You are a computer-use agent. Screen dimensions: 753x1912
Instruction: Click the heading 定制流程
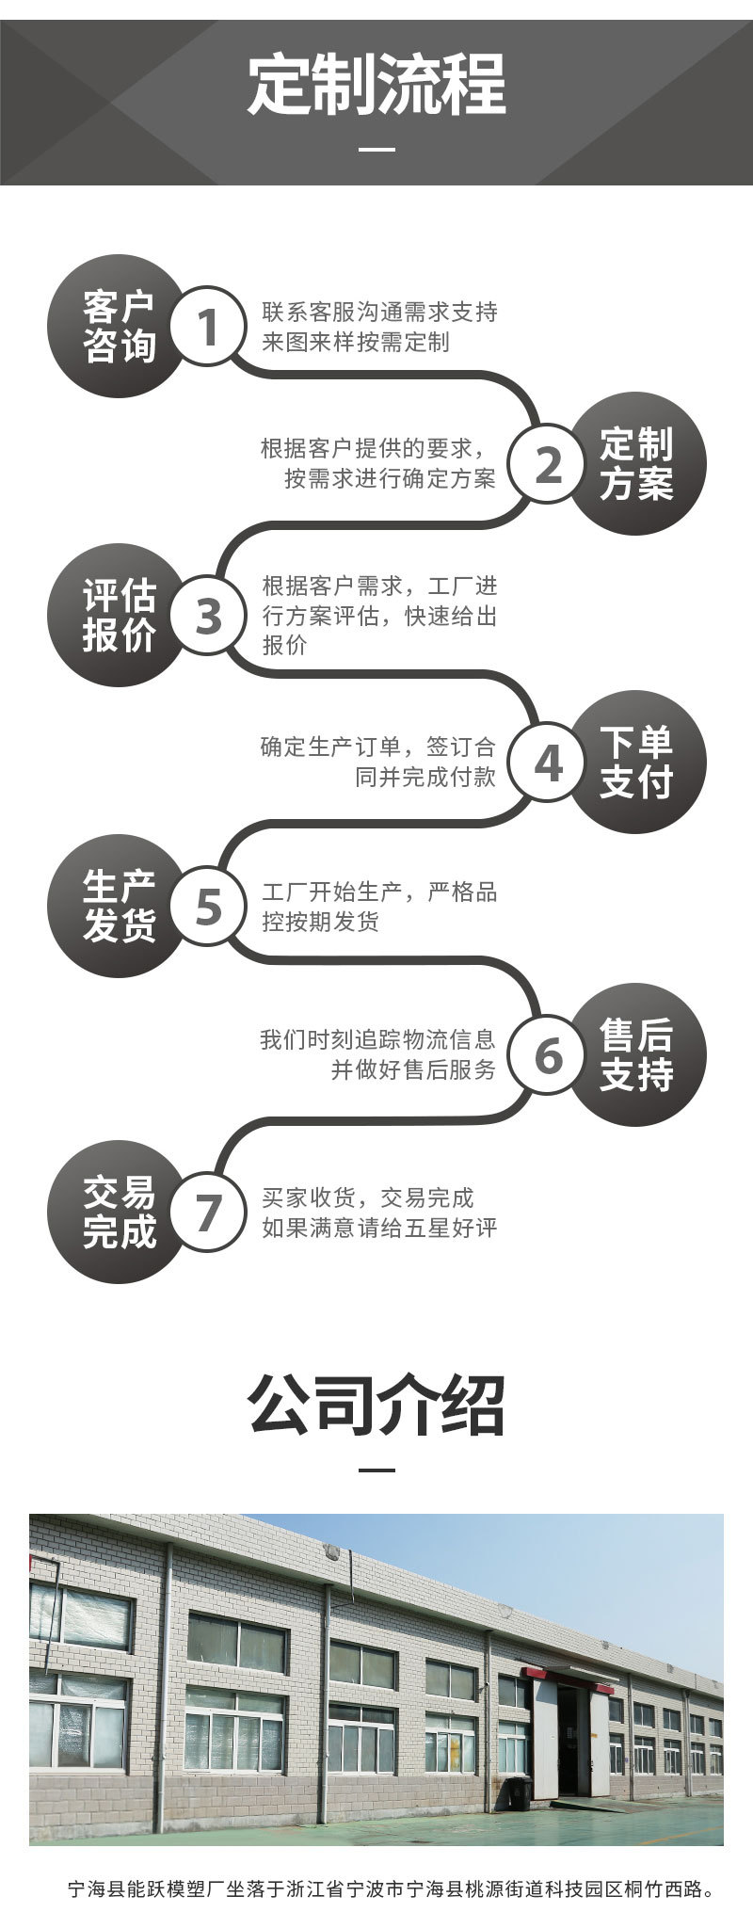coord(376,85)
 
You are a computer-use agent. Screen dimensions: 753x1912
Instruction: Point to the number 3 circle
coord(208,616)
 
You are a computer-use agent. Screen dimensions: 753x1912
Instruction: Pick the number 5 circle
coord(208,908)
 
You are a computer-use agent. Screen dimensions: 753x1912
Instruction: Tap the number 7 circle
coord(208,1211)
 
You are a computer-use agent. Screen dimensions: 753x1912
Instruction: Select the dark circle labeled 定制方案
coord(636,463)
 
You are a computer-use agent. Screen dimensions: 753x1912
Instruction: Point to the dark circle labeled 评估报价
coord(118,616)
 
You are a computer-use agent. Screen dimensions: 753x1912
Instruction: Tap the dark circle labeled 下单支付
coord(636,763)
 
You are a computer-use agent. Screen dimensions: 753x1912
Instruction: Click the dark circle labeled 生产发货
coord(118,908)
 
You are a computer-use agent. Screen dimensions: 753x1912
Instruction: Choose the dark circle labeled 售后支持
coord(636,1054)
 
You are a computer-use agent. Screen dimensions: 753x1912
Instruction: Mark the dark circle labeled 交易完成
coord(118,1211)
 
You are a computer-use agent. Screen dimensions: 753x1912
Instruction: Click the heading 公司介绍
coord(376,1406)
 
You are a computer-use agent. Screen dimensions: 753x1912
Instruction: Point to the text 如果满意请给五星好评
coord(379,1228)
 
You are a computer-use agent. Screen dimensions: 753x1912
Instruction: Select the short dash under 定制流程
coord(377,151)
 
